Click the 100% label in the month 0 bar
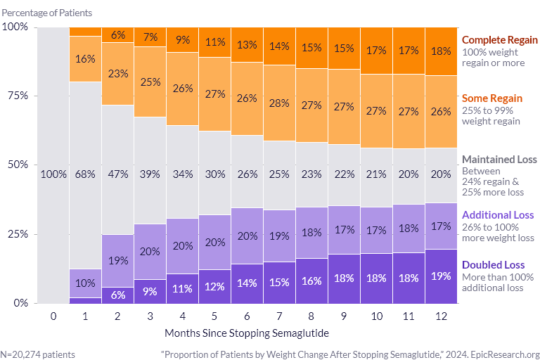pos(53,174)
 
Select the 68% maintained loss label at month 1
pos(86,174)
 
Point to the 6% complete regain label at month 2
pos(118,35)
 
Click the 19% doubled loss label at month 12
pos(442,276)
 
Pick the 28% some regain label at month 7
pos(280,103)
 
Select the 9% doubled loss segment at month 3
pos(150,291)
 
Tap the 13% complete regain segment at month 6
pos(247,45)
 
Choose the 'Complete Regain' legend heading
pos(499,40)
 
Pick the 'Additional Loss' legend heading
pos(497,215)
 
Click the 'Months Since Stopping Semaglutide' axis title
pos(236,331)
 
